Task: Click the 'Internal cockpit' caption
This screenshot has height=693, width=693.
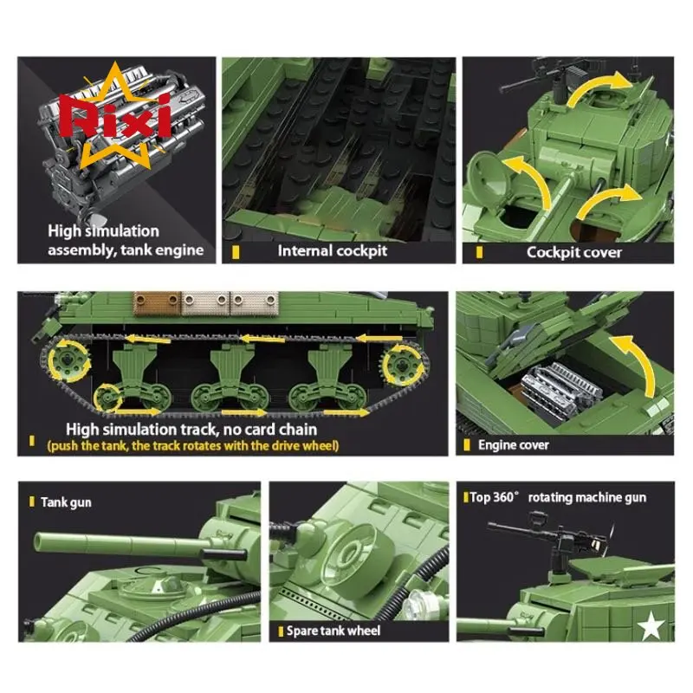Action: click(332, 251)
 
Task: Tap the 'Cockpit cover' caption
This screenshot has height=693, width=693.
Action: click(573, 252)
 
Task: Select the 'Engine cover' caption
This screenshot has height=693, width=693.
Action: click(514, 444)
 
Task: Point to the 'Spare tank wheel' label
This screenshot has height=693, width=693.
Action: click(334, 631)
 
